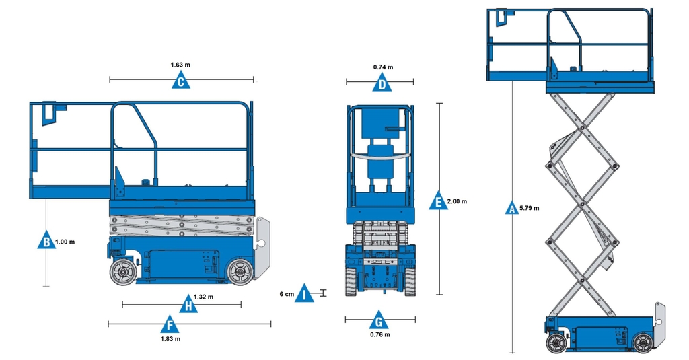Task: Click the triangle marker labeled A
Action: click(513, 209)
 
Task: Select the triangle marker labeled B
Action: click(46, 241)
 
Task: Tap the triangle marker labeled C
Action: click(180, 82)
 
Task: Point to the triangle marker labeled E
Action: click(438, 201)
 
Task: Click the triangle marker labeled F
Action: click(170, 326)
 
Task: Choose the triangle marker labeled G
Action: click(379, 319)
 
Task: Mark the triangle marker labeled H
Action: click(190, 305)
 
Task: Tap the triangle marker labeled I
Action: click(304, 294)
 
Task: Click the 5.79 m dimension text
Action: click(530, 209)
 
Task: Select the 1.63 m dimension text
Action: click(180, 65)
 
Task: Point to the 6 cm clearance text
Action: click(287, 294)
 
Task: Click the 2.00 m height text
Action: click(457, 201)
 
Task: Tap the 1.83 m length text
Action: click(171, 339)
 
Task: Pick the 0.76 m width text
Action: click(380, 334)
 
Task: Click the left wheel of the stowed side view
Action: click(123, 272)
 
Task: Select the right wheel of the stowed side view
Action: click(240, 272)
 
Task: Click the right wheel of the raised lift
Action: click(643, 343)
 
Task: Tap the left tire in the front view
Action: click(351, 281)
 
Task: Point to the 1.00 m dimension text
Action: click(65, 242)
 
